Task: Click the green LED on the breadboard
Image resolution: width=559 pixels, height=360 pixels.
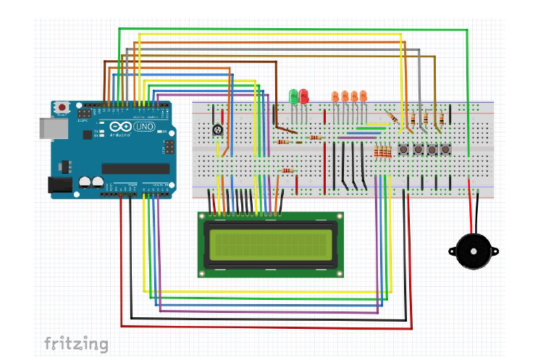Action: [293, 96]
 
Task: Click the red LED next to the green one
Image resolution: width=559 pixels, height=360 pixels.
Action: [303, 96]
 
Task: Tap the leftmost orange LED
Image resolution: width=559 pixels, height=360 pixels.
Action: [335, 96]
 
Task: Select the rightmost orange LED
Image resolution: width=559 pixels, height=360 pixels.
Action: [363, 96]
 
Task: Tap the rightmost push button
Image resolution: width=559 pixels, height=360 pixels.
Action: [447, 149]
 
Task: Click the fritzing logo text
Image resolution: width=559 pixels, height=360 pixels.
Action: [76, 343]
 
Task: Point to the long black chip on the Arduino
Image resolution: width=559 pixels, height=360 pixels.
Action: [135, 169]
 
